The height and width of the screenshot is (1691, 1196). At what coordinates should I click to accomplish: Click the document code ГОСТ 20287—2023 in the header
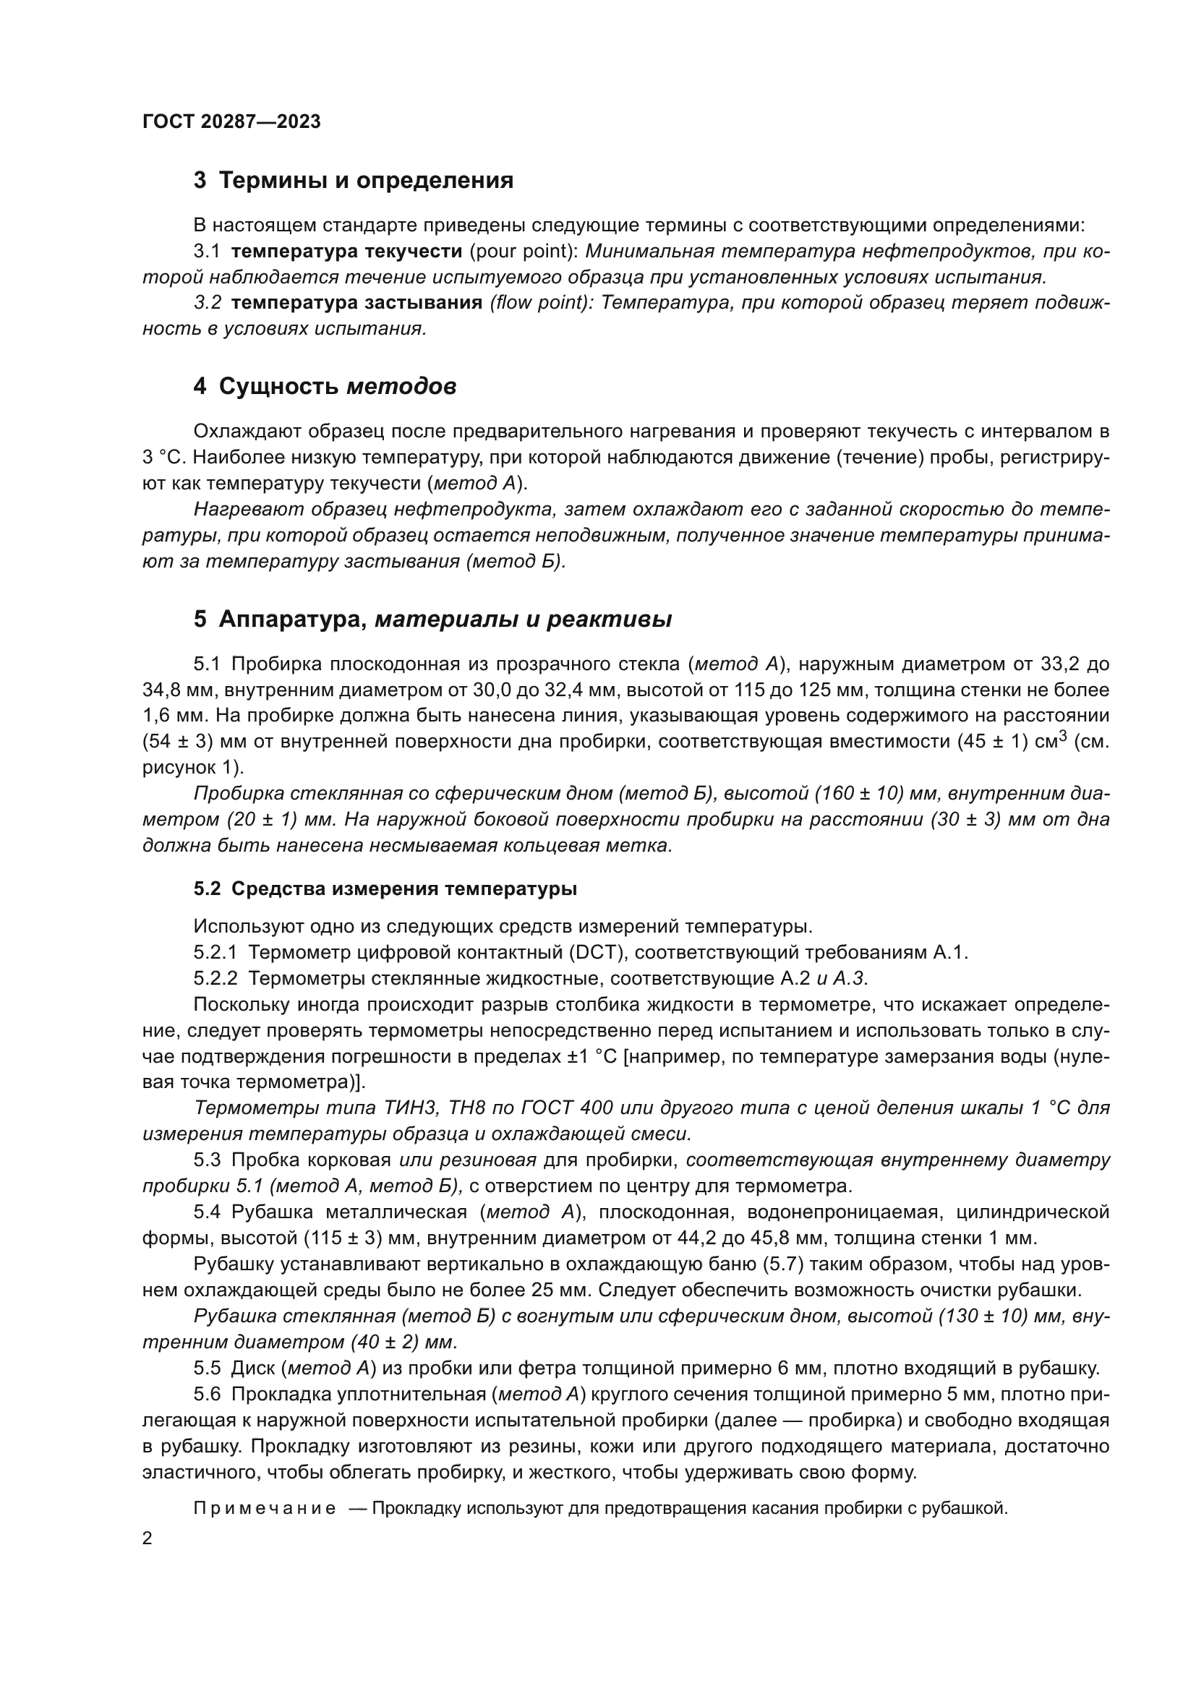click(231, 122)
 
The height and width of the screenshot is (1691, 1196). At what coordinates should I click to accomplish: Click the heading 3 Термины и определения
click(354, 181)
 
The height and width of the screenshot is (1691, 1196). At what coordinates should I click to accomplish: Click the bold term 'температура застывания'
click(356, 303)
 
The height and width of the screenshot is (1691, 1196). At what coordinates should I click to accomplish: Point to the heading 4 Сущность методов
click(325, 386)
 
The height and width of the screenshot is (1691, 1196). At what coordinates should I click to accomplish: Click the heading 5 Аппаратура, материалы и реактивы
click(432, 620)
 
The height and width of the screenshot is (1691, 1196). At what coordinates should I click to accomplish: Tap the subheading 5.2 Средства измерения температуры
click(385, 889)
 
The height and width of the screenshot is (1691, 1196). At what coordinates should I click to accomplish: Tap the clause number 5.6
click(207, 1394)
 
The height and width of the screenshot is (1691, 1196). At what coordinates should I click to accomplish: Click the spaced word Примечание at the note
click(265, 1508)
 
